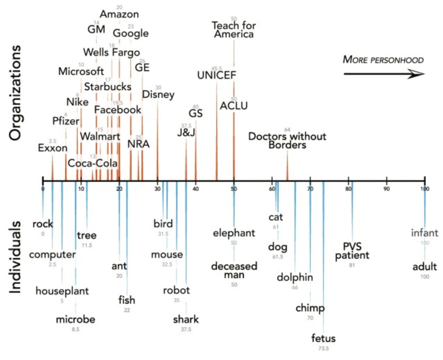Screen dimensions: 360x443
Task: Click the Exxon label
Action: (x=53, y=148)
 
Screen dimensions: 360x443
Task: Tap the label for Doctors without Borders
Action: (x=287, y=140)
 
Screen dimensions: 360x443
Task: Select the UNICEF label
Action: (x=217, y=75)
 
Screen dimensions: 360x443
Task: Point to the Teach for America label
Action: (x=234, y=30)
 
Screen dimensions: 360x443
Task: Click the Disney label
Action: (x=158, y=94)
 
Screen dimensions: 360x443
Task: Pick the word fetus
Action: (x=323, y=338)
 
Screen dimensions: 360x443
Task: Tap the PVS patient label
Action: (x=352, y=251)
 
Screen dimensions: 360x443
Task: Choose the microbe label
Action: (x=76, y=319)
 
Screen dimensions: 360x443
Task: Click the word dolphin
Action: (x=295, y=277)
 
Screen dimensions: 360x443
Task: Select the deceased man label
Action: (x=234, y=271)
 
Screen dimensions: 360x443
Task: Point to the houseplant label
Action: (x=62, y=291)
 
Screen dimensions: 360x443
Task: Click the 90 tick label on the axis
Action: (x=386, y=189)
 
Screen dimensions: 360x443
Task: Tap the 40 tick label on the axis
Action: (x=196, y=189)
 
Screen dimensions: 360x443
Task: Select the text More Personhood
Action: (x=383, y=60)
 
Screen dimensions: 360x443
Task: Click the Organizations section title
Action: (x=15, y=93)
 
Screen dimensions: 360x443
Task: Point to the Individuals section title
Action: (x=15, y=257)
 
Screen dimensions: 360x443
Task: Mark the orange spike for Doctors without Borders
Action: (x=287, y=166)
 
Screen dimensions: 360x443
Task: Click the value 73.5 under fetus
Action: (x=323, y=348)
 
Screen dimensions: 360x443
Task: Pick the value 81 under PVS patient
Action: (x=352, y=265)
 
